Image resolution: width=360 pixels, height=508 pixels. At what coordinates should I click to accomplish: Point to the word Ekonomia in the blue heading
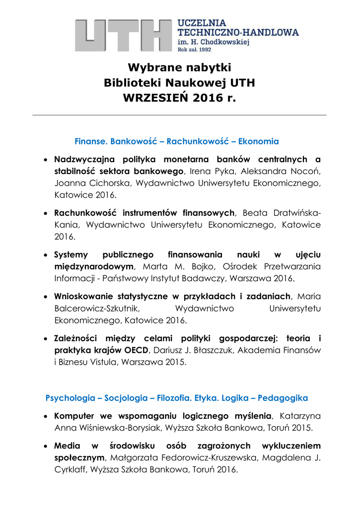[x=258, y=141]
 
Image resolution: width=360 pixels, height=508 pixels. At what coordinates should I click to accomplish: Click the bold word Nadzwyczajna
[x=85, y=159]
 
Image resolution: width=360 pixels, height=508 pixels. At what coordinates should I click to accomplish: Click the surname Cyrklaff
[x=72, y=469]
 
